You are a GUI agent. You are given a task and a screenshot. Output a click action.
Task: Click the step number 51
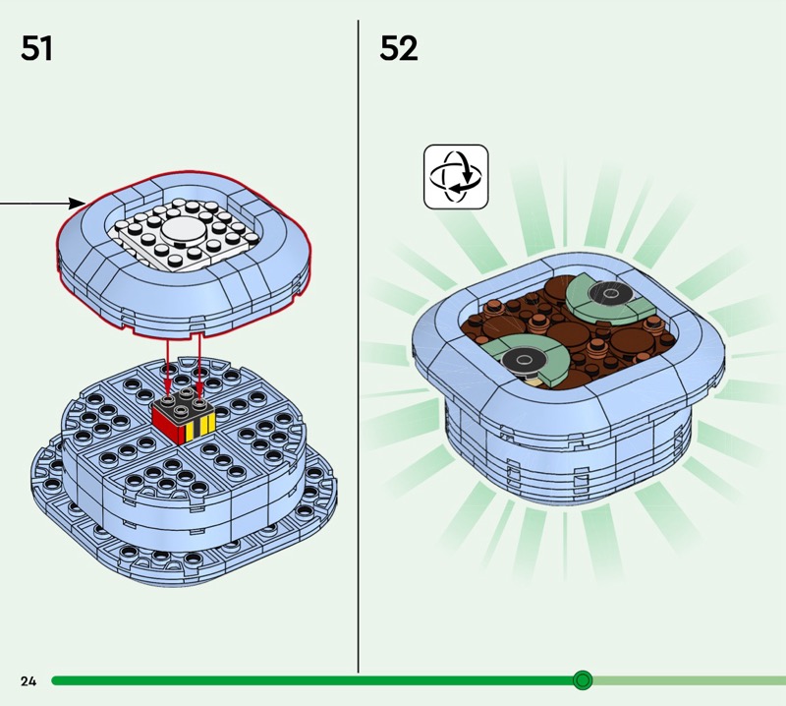[36, 48]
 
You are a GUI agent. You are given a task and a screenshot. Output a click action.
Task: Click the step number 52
[399, 48]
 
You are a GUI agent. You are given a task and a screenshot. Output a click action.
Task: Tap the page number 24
[28, 680]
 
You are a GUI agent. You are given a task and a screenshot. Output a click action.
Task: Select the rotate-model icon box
[456, 177]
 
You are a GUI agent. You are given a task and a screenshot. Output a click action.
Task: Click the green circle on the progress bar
[583, 680]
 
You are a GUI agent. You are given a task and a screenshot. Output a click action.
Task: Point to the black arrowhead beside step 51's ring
[77, 204]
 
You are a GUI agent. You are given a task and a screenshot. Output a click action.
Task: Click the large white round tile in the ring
[184, 229]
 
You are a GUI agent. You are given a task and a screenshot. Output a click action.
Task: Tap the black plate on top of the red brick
[184, 400]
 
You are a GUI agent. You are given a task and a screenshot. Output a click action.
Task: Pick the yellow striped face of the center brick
[199, 428]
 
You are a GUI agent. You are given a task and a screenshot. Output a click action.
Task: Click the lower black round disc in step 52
[524, 360]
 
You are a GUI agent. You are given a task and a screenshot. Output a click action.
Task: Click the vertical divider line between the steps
[358, 346]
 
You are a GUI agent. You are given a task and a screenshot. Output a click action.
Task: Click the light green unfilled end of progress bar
[690, 680]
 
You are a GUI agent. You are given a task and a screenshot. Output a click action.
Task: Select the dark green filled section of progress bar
[312, 680]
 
